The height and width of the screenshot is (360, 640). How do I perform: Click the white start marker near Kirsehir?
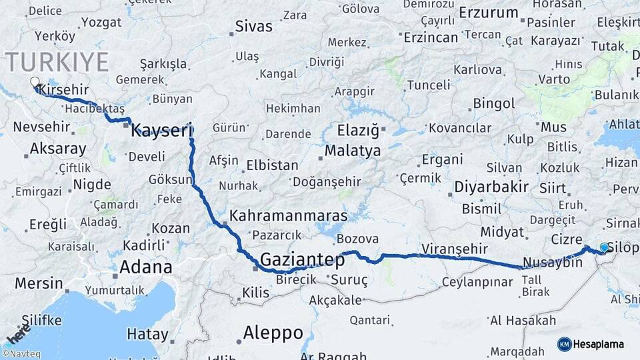click(35, 83)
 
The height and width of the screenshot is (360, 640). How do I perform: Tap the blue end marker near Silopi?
click(604, 247)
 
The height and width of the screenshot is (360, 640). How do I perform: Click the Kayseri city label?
click(161, 130)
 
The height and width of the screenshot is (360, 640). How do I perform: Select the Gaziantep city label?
click(302, 259)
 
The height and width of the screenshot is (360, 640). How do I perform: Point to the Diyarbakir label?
click(491, 187)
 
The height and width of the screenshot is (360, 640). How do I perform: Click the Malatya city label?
click(353, 151)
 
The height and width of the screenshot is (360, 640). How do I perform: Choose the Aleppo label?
click(273, 332)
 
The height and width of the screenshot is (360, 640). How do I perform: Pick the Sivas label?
click(253, 27)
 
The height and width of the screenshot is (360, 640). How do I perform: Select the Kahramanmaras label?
click(289, 216)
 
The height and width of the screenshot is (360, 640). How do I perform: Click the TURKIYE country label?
click(57, 62)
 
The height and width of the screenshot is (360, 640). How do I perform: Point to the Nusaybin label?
click(553, 262)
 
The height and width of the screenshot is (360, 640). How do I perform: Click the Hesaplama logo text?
click(599, 344)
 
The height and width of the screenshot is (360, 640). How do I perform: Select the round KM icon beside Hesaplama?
click(565, 344)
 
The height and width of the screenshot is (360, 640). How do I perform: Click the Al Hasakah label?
click(523, 321)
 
